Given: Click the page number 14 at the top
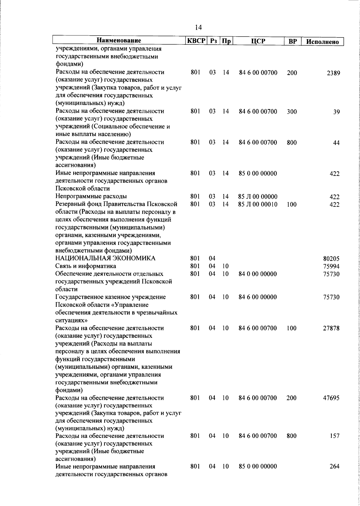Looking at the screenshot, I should point(198,28).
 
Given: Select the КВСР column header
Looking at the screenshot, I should point(196,41).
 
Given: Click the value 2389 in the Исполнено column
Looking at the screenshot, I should point(333,73).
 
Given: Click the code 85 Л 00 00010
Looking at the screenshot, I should point(258,205).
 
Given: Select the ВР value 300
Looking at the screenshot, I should point(292,112).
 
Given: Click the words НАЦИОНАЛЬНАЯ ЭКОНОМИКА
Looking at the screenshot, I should point(105,258).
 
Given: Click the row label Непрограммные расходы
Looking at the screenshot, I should point(91,197).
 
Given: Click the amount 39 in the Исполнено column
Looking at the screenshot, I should point(336,112).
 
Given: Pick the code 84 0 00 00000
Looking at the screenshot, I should point(258,274).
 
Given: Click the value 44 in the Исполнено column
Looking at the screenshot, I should point(336,143).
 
